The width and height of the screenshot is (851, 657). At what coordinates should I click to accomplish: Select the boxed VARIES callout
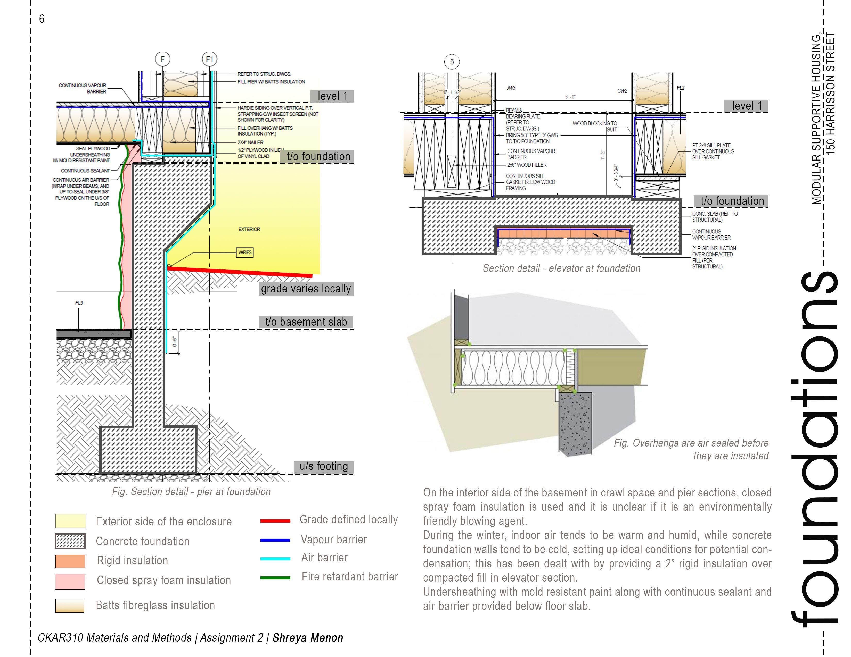click(245, 252)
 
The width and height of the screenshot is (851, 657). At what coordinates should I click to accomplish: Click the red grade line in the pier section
click(242, 272)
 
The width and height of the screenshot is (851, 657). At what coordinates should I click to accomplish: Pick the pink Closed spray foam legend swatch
click(70, 581)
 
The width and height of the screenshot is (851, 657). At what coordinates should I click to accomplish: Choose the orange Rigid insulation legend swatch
click(70, 561)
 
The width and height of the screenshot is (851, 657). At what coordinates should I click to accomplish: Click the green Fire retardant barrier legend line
click(275, 578)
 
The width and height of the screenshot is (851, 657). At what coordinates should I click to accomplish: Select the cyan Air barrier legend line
click(275, 559)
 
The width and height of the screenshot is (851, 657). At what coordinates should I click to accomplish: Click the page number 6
click(42, 19)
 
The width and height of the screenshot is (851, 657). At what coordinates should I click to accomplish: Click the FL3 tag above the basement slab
click(79, 303)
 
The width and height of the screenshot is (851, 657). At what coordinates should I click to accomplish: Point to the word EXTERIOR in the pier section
click(249, 229)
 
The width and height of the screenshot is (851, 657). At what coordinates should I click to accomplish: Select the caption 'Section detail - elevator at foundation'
click(561, 268)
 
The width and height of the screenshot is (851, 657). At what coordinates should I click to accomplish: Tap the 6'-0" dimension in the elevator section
click(570, 97)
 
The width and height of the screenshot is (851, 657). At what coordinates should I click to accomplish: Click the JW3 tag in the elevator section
click(511, 88)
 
